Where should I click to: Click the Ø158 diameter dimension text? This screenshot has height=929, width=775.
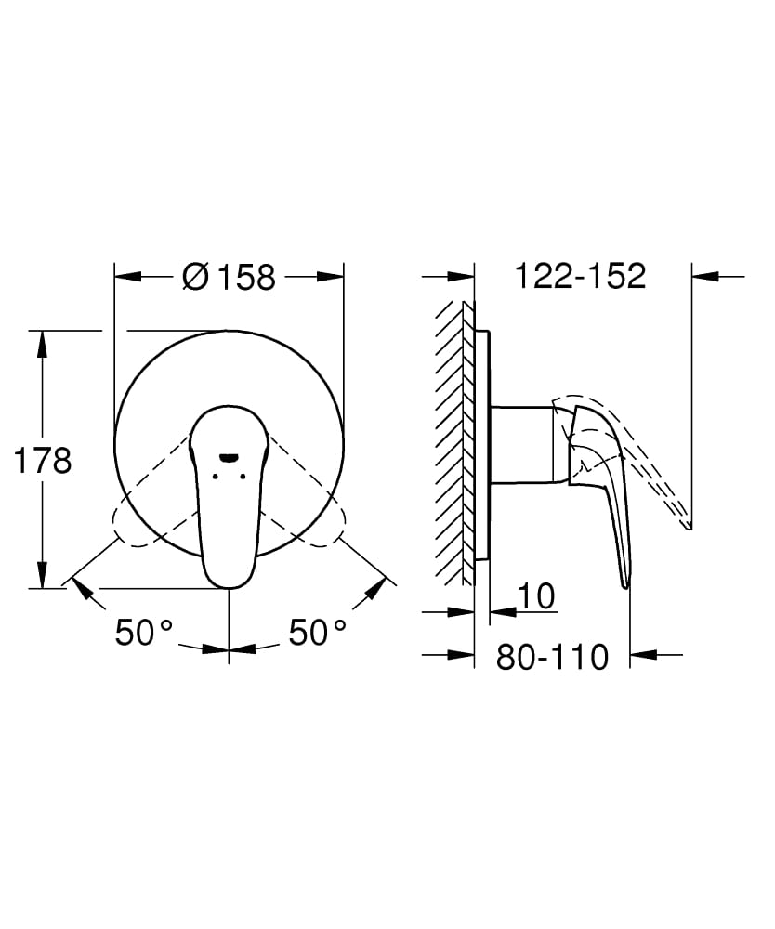pos(230,277)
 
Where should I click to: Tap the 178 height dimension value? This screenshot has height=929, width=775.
pos(42,461)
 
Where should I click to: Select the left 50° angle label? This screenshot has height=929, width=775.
pos(145,634)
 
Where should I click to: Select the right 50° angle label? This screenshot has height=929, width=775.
pos(317,634)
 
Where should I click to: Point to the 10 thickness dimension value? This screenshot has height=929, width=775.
pos(538,596)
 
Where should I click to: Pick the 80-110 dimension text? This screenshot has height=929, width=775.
pos(552,657)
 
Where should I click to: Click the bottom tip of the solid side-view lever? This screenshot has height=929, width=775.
pos(625,584)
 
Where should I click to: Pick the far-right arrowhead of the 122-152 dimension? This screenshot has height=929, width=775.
pos(705,276)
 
